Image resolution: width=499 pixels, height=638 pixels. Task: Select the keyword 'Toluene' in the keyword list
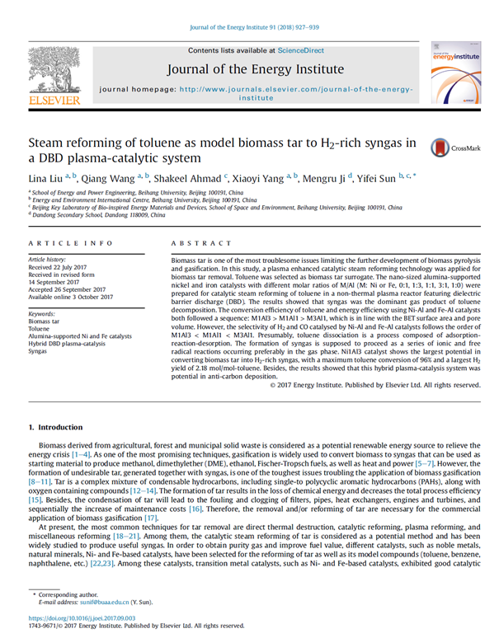tap(40, 329)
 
